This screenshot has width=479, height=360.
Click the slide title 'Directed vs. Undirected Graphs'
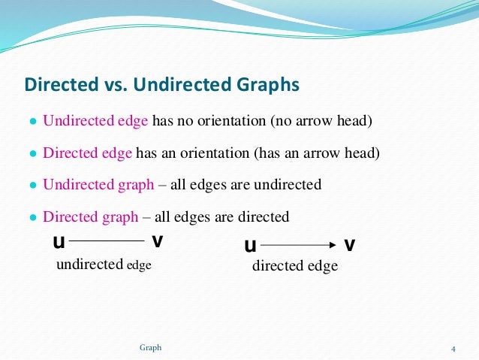(x=162, y=83)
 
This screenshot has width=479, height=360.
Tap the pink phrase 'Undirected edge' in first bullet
(x=96, y=121)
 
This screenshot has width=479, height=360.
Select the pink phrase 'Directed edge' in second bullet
(x=88, y=153)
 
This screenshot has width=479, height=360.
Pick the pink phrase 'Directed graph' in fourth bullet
(x=90, y=217)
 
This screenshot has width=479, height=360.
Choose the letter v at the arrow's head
(x=350, y=245)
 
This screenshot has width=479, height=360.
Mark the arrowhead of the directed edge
(x=330, y=245)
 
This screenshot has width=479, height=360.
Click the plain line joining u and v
(x=107, y=241)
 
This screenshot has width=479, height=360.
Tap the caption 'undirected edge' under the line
(x=98, y=263)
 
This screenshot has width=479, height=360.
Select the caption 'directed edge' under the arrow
(x=294, y=266)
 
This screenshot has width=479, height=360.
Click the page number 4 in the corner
(x=453, y=348)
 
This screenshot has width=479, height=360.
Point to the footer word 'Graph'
(x=150, y=347)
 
